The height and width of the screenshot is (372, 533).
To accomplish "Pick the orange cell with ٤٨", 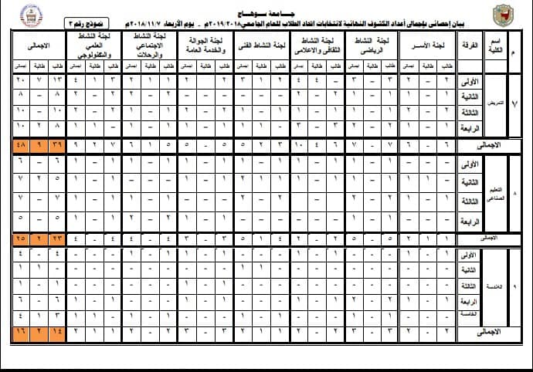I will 20,145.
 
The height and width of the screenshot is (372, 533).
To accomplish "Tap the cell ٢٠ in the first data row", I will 20,80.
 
